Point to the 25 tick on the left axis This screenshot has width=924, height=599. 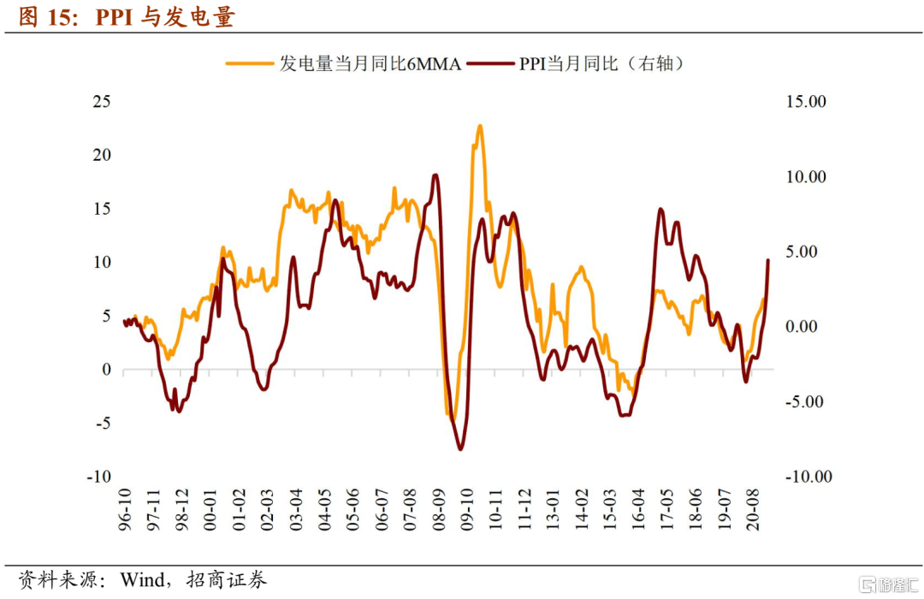click(x=102, y=101)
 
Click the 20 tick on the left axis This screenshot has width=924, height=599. click(x=102, y=155)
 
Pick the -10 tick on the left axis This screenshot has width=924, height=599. click(x=100, y=477)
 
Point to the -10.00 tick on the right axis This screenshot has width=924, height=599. click(x=808, y=477)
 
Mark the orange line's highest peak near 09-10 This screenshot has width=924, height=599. click(x=480, y=126)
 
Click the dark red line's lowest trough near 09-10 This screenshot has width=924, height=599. click(x=460, y=448)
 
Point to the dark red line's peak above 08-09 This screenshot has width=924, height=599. click(x=435, y=175)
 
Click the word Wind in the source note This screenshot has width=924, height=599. click(x=142, y=580)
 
